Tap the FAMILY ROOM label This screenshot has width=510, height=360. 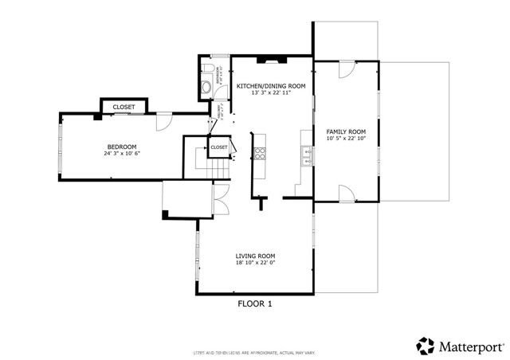tap(346, 131)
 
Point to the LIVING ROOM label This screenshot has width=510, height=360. tap(255, 256)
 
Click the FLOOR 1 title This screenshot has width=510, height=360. tap(255, 303)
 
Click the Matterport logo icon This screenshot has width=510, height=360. tap(425, 346)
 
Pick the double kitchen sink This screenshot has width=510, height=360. tap(305, 155)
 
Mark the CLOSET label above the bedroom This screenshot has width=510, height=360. tap(124, 107)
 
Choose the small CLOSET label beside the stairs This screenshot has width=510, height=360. tap(219, 147)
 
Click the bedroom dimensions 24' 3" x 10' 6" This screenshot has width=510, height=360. tap(121, 155)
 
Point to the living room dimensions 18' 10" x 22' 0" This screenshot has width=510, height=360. tap(255, 264)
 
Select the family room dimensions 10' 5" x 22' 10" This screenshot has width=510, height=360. tap(346, 139)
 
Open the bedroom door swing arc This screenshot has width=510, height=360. tap(163, 120)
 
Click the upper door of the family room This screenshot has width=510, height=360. tap(345, 71)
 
